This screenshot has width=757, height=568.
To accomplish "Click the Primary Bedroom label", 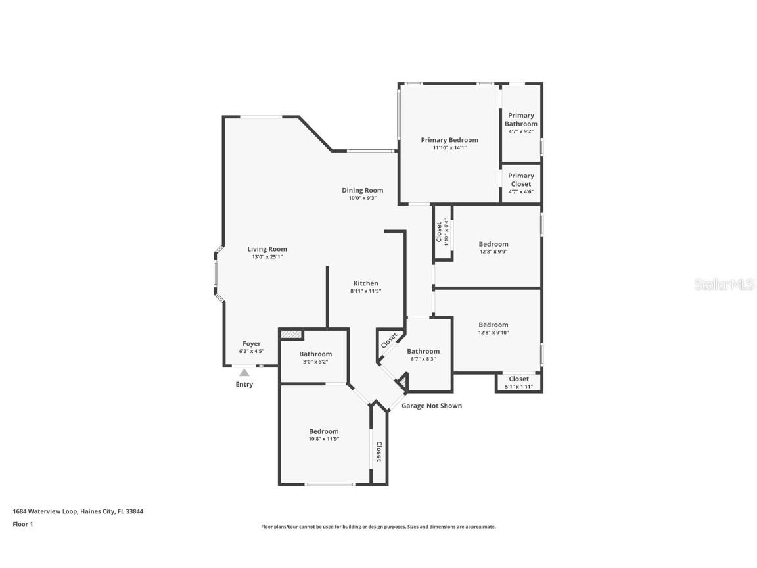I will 449,140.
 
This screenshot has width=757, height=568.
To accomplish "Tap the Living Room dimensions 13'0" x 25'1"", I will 267,257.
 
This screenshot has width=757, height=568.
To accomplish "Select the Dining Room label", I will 362,191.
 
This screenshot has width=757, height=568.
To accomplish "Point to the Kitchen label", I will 365,283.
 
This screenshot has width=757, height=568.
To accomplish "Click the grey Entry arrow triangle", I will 244,372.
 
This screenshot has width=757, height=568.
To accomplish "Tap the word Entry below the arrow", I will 244,385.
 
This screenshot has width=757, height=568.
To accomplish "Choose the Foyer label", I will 252,344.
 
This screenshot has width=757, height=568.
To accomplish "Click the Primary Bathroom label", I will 520,120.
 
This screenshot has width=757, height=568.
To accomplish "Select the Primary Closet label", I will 520,179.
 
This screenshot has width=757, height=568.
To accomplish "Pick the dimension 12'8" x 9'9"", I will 493,252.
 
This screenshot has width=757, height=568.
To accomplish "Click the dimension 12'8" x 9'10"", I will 493,333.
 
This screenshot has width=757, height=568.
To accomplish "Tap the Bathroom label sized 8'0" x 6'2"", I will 315,354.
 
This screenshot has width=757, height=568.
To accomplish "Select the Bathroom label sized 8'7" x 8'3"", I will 423,352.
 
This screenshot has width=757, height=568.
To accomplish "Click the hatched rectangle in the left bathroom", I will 291,335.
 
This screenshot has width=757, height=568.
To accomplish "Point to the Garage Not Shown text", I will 432,406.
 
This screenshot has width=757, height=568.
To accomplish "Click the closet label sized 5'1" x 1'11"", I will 518,379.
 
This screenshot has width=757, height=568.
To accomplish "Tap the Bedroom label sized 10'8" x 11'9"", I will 324,431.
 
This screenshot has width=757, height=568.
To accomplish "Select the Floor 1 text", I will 23,524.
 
